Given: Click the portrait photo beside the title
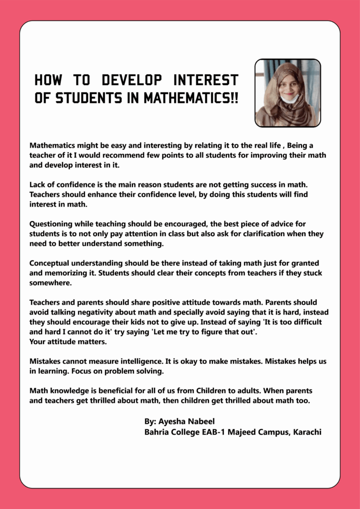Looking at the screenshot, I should coord(287,93).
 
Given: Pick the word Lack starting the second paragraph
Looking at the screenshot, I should coord(38,185).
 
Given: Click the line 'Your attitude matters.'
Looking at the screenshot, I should coord(68,341).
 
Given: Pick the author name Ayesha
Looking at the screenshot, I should coord(172,422).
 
